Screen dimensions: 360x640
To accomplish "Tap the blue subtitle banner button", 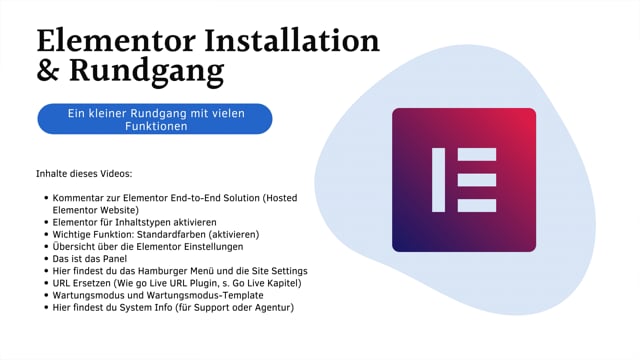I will click(154, 120).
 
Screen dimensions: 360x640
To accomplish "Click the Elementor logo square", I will click(463, 180).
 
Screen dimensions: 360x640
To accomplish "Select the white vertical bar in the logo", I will click(438, 180).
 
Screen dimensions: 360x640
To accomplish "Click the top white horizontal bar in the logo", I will click(476, 154).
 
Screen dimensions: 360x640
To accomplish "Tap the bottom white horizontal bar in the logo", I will click(476, 206).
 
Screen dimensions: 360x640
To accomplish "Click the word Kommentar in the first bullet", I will click(84, 198).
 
